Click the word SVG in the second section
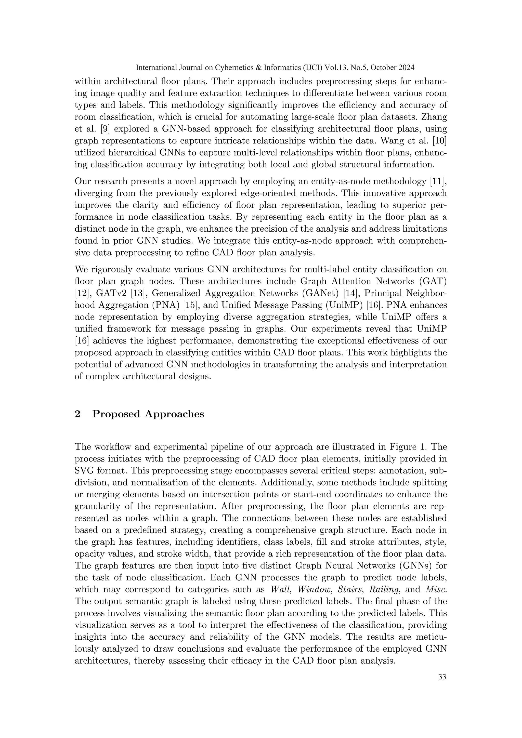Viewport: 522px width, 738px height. coord(85,471)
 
